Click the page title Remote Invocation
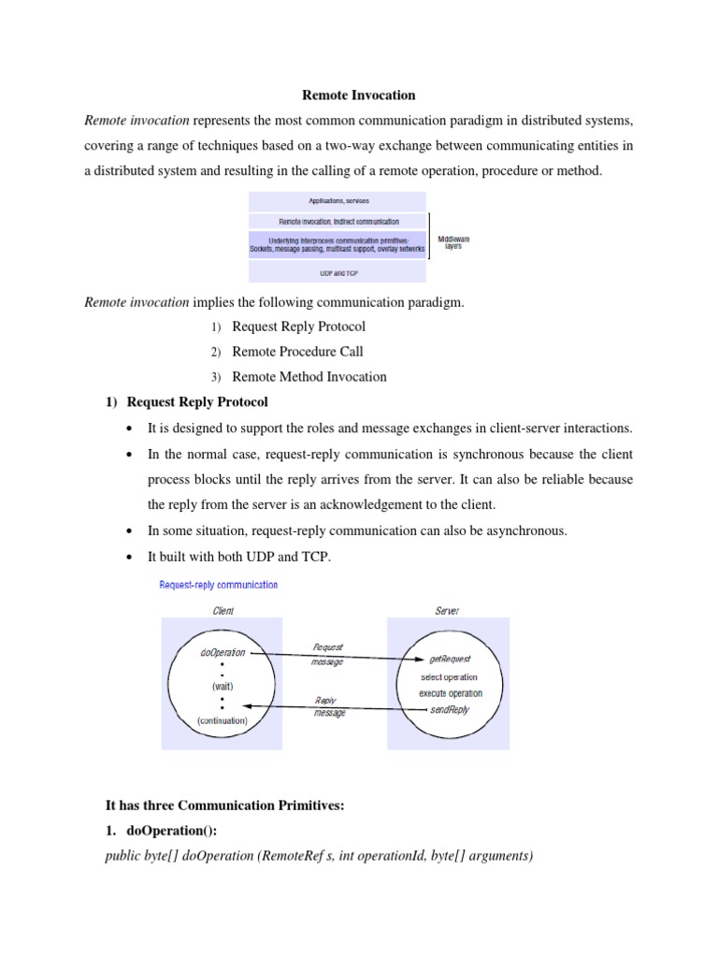pyautogui.click(x=358, y=94)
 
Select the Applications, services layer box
pyautogui.click(x=337, y=201)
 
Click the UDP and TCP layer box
pyautogui.click(x=337, y=272)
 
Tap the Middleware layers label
pyautogui.click(x=453, y=243)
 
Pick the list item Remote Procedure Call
pyautogui.click(x=297, y=352)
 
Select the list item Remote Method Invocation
pyautogui.click(x=309, y=377)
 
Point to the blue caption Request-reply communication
pyautogui.click(x=218, y=585)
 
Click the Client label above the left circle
pyautogui.click(x=223, y=611)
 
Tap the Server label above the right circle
pyautogui.click(x=447, y=611)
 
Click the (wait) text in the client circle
pyautogui.click(x=222, y=686)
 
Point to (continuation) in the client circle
pyautogui.click(x=223, y=720)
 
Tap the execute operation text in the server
pyautogui.click(x=451, y=693)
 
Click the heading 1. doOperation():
pyautogui.click(x=164, y=830)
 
